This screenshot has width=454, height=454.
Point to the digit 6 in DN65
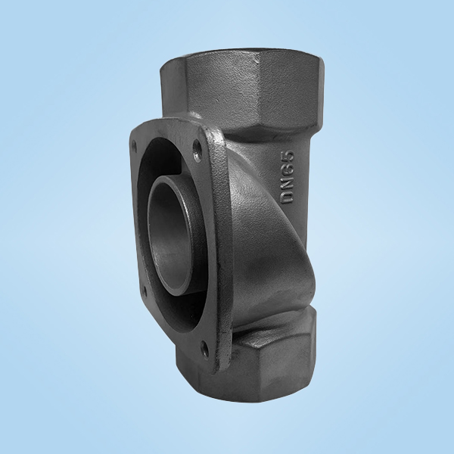click(x=288, y=169)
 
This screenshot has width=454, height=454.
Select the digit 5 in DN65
click(x=288, y=157)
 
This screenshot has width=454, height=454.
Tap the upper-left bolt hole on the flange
click(x=134, y=145)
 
